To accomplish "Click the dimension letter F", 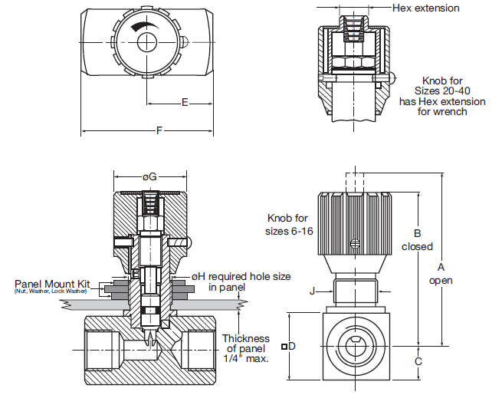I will [159, 130].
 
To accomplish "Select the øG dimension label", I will [149, 176].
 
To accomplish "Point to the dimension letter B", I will [417, 234].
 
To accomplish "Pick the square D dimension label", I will [289, 346].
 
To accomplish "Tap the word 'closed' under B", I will [417, 247].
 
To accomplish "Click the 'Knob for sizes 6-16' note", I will [290, 224].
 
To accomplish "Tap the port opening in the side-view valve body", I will [353, 345].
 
